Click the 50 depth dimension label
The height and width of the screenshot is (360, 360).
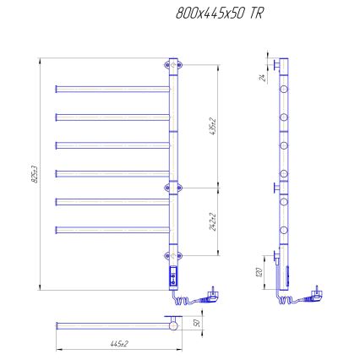(x=197, y=323)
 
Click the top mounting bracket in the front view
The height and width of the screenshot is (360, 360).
(x=173, y=63)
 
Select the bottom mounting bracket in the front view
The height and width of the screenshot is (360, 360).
(x=173, y=254)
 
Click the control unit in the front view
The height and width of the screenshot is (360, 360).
(x=174, y=275)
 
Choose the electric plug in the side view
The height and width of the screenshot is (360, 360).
(x=316, y=292)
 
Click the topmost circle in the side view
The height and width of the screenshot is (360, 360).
(x=286, y=87)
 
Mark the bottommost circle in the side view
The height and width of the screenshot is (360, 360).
(x=286, y=229)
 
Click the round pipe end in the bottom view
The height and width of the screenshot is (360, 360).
(x=173, y=324)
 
